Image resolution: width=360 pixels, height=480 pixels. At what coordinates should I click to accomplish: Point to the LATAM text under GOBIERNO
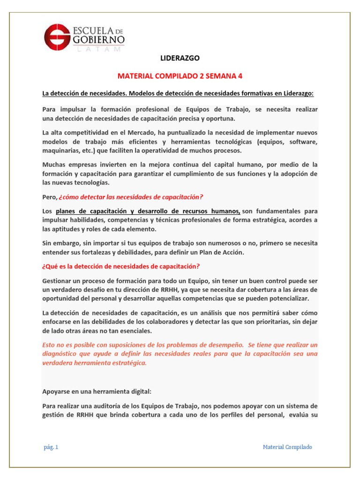(x=98, y=48)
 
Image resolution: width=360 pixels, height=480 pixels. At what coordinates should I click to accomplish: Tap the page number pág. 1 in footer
(x=50, y=447)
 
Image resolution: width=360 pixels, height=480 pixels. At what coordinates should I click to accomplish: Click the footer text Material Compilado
(x=287, y=447)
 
